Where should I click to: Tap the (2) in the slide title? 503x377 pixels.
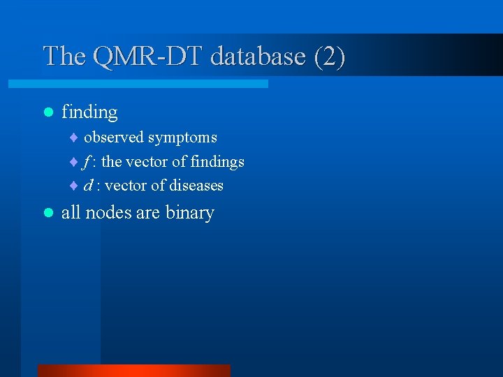pyautogui.click(x=328, y=56)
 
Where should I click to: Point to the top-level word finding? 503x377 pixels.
pyautogui.click(x=89, y=112)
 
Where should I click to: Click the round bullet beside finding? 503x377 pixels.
pyautogui.click(x=48, y=112)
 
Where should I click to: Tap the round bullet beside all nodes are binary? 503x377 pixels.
pyautogui.click(x=48, y=212)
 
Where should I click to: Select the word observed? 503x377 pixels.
pyautogui.click(x=113, y=138)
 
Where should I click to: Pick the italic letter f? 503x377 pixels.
pyautogui.click(x=87, y=162)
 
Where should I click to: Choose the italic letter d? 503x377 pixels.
pyautogui.click(x=88, y=186)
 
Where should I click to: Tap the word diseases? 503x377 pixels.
pyautogui.click(x=196, y=186)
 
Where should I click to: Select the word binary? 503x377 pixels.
pyautogui.click(x=189, y=213)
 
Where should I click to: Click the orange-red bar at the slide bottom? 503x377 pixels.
pyautogui.click(x=133, y=371)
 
